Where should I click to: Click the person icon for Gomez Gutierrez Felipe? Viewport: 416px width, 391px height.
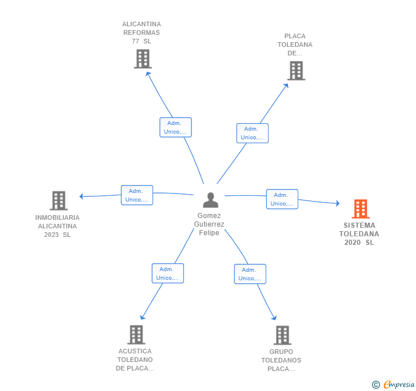[211, 200]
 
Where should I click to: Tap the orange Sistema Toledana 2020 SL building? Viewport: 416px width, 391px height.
[361, 209]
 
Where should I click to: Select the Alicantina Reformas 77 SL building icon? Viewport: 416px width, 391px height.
[142, 59]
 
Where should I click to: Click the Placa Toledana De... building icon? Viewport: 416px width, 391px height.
[296, 71]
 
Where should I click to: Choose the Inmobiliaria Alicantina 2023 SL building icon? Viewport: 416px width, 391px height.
[58, 200]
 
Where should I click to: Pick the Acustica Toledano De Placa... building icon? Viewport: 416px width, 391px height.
[136, 334]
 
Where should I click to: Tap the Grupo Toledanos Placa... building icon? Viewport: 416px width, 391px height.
[282, 335]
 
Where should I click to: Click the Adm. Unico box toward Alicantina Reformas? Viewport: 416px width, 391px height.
[175, 127]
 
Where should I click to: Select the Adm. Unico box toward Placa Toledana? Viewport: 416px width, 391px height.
[253, 133]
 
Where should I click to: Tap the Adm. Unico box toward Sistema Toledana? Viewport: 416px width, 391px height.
[282, 199]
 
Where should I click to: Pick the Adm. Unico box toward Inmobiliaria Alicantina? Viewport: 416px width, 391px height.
[137, 195]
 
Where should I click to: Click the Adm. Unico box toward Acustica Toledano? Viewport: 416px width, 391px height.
[167, 273]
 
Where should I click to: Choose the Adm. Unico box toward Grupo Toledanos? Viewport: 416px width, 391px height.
[250, 274]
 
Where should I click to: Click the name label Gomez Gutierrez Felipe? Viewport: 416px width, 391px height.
[209, 224]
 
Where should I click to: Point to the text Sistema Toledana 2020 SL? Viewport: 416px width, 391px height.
[359, 234]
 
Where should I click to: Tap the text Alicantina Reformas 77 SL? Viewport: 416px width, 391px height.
[142, 33]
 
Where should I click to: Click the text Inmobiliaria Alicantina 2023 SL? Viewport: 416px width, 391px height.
[57, 226]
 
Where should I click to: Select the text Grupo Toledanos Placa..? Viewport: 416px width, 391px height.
[281, 360]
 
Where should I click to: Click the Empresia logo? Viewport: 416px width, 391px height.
[394, 385]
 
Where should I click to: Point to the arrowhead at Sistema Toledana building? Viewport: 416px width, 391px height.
[338, 203]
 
